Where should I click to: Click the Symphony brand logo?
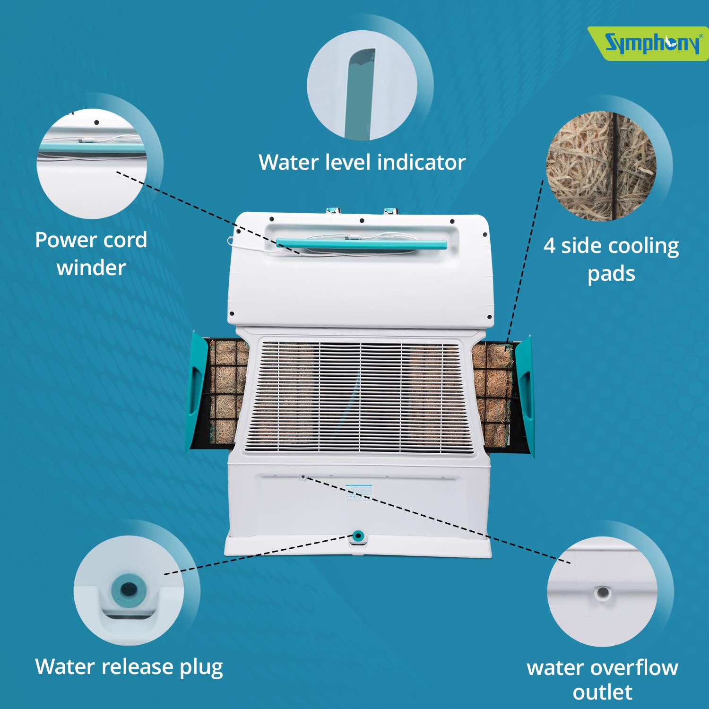click(x=651, y=43)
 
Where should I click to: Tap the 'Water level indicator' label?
click(x=362, y=162)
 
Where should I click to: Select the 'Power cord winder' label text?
click(x=91, y=254)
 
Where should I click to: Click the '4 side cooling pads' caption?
click(x=611, y=259)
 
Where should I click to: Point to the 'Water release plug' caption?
click(x=129, y=667)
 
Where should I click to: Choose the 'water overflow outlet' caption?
click(x=602, y=680)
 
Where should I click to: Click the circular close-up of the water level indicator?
click(x=362, y=86)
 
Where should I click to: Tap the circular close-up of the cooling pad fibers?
click(x=601, y=166)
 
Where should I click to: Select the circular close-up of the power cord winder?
click(x=92, y=164)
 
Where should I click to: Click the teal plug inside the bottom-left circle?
click(x=129, y=589)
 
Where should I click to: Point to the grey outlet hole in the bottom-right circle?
click(x=602, y=592)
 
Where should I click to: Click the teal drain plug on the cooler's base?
click(x=358, y=536)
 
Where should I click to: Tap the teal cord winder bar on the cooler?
click(x=362, y=244)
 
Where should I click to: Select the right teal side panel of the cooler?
click(x=525, y=395)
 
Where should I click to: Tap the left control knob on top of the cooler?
click(x=333, y=210)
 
